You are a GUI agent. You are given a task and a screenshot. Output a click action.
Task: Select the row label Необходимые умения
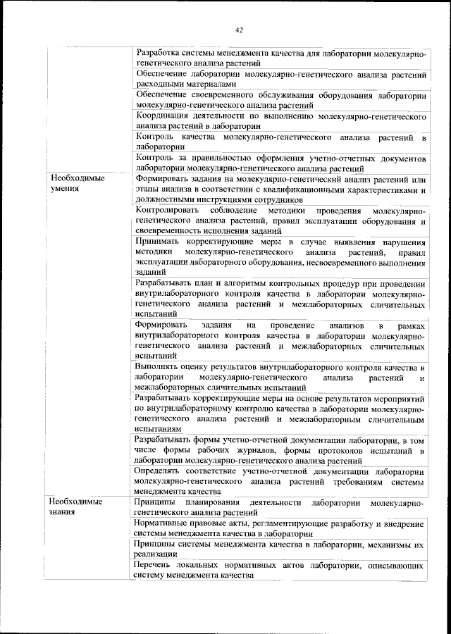point(78,184)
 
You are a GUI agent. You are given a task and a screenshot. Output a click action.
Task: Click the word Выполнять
point(159,368)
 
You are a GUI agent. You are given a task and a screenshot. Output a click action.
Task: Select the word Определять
point(161,471)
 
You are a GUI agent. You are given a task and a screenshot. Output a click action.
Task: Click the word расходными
point(159,83)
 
